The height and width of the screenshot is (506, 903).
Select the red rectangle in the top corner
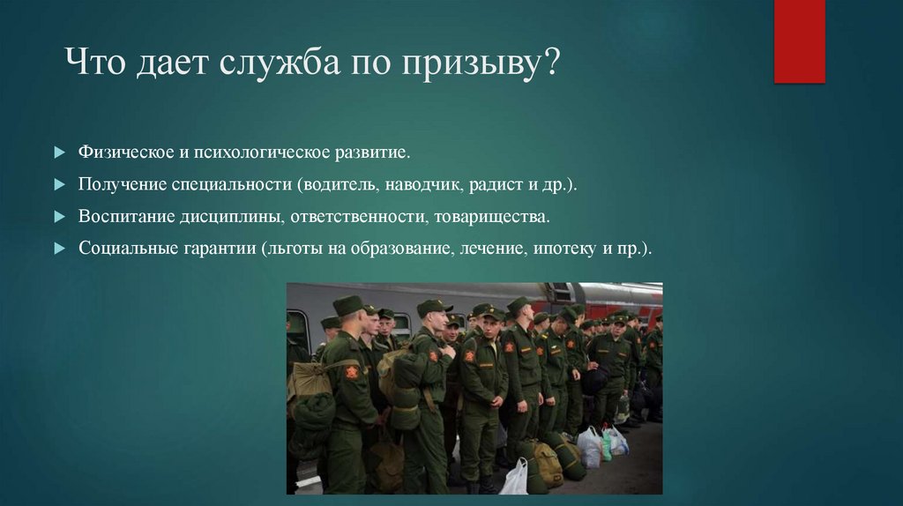799,41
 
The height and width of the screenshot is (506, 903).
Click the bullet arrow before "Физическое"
59,153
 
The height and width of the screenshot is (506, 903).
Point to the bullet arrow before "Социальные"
59,249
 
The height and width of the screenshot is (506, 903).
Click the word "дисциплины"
228,217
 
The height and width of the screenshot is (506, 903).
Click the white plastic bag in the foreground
514,478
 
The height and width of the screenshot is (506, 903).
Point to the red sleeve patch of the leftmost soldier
352,372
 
